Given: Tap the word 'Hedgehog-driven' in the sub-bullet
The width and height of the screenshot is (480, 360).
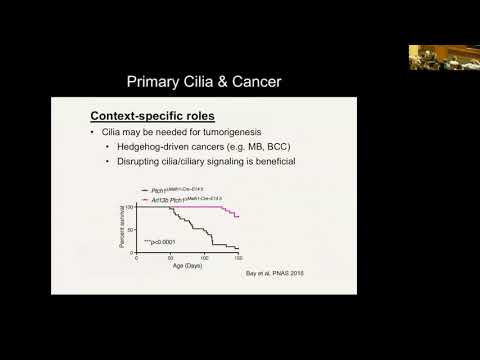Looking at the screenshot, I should point(148,151).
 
